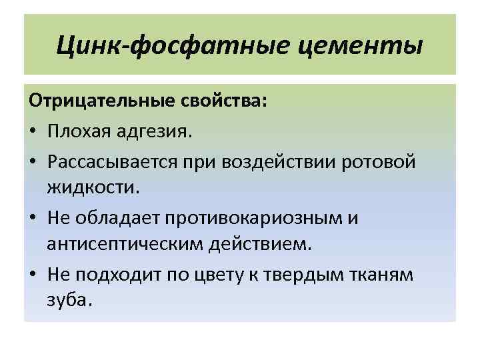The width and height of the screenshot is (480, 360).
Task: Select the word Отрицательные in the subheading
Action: (x=99, y=104)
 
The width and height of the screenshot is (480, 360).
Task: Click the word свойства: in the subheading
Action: (x=224, y=104)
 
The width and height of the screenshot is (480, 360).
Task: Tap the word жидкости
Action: (x=94, y=189)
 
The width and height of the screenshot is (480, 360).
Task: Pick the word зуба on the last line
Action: (x=68, y=302)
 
